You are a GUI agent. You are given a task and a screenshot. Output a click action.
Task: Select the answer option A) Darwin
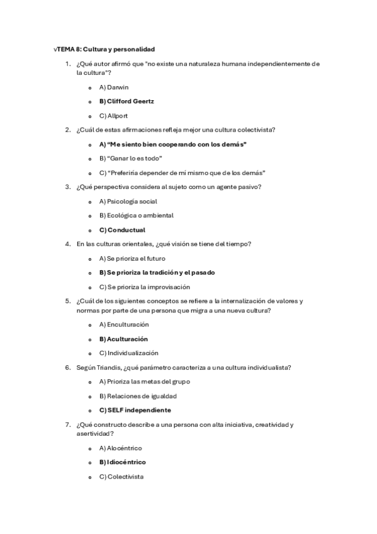coord(113,87)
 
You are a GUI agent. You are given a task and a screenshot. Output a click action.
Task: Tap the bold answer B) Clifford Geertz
coord(127,101)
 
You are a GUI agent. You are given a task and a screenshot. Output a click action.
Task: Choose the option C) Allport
coord(113,116)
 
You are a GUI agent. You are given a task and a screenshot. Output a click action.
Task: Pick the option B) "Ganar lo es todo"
coord(130,158)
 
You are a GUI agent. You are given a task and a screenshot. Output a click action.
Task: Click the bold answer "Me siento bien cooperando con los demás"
coord(172,144)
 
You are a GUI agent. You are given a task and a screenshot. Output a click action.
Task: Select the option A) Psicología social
coord(128,202)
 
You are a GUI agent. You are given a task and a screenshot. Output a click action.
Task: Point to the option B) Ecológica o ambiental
coord(136,215)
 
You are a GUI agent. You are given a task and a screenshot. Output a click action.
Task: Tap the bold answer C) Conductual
coord(122,230)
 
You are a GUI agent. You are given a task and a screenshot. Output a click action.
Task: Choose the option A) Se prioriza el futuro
coord(132,258)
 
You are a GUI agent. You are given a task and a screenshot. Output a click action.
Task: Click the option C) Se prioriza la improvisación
coord(144,287)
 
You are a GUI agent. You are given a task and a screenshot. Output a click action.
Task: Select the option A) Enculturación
coord(124,324)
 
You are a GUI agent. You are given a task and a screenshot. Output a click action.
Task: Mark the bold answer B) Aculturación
coord(123,339)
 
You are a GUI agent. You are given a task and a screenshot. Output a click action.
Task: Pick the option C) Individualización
coord(128,353)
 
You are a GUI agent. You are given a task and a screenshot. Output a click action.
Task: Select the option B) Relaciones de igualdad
coord(138,396)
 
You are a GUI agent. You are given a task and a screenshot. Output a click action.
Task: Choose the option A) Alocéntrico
coord(120,448)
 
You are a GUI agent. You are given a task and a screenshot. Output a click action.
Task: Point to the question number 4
coord(67,244)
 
